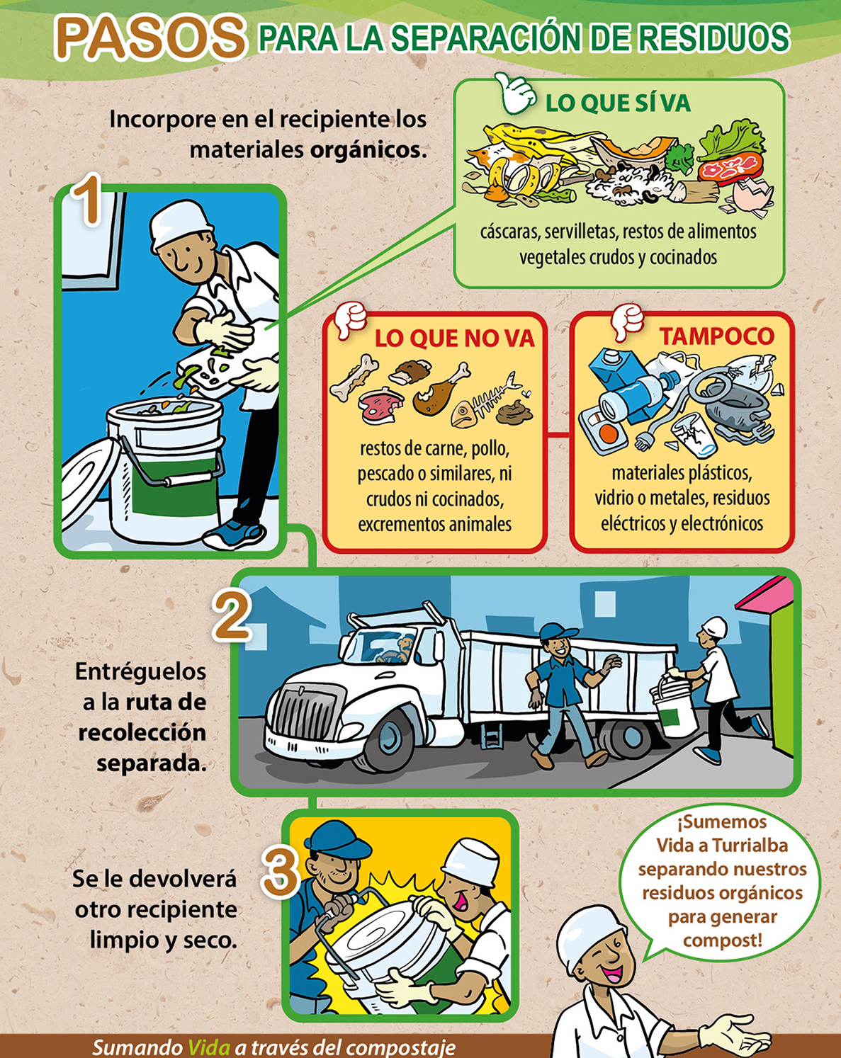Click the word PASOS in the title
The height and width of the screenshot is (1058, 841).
coord(150,38)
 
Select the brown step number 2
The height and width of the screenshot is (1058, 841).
coord(231,616)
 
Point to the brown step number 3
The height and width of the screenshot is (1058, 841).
coord(279,872)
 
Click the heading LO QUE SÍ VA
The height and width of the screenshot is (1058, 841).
coord(618,103)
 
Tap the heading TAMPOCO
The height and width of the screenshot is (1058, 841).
coord(716,336)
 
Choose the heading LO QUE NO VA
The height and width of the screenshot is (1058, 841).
coord(454,339)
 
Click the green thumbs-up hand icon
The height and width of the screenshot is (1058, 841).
coord(515,92)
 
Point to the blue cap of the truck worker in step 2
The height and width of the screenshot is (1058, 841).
coord(557,632)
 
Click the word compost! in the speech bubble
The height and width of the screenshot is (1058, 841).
coord(723,940)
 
